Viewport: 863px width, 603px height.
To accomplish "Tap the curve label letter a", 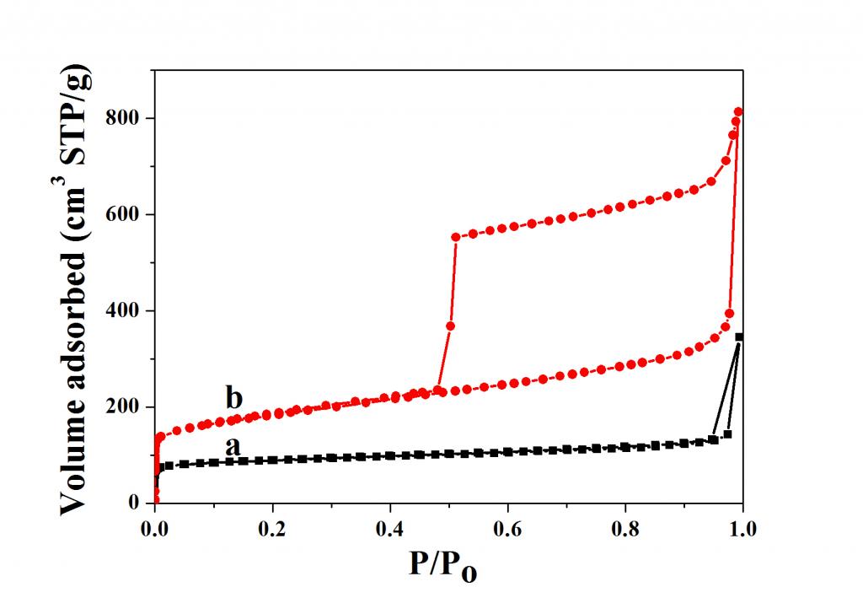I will pyautogui.click(x=233, y=445).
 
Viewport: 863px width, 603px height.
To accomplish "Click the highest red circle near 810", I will pyautogui.click(x=739, y=112).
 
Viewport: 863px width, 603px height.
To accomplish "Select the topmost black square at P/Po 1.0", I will pyautogui.click(x=740, y=337).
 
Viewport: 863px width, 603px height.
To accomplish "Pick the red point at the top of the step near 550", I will pyautogui.click(x=456, y=237).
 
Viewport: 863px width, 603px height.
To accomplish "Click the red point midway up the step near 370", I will pyautogui.click(x=451, y=326).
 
